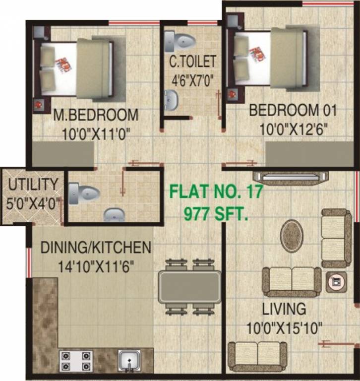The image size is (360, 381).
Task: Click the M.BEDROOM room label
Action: point(96,115)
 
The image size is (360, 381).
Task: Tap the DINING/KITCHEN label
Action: point(96,247)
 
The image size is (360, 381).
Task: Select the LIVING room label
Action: point(284,309)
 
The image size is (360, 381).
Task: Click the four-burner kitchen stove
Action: point(76,361)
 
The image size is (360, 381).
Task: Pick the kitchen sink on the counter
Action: point(129,360)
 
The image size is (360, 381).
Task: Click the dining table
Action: point(189,286)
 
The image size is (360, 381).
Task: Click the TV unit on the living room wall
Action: point(290,177)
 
